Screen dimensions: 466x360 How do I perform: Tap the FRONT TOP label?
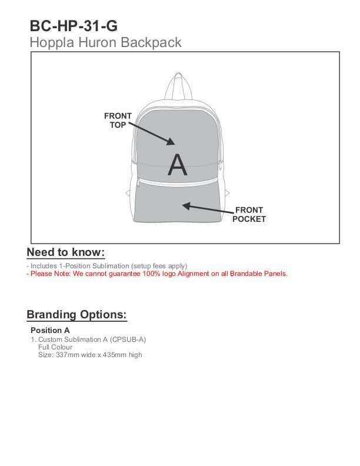point(118,120)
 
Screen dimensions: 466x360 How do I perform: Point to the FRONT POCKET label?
point(249,215)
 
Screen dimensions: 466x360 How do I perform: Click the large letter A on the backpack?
point(177,165)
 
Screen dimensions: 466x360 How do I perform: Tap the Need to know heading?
point(65,252)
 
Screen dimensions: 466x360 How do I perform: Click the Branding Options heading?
point(76,314)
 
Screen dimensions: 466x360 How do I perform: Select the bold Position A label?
point(50,330)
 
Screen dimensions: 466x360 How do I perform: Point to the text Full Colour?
point(55,347)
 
